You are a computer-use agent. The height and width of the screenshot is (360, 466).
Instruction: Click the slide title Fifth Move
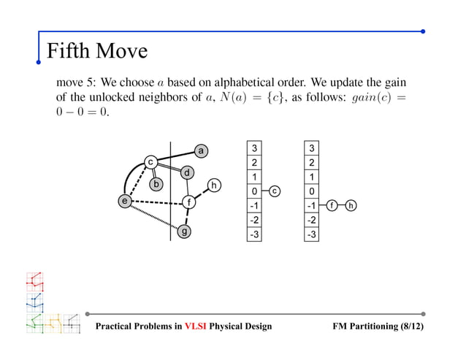click(x=96, y=50)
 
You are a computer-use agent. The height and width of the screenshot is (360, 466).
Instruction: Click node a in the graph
click(x=201, y=150)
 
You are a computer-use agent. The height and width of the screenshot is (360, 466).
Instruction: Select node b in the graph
click(x=156, y=185)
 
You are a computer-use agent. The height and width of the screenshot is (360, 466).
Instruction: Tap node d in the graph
click(x=187, y=173)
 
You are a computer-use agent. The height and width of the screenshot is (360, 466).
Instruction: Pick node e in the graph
click(x=126, y=199)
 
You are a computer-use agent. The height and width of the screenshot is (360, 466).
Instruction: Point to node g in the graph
click(x=185, y=231)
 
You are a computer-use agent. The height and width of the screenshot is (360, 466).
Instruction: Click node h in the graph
click(x=214, y=185)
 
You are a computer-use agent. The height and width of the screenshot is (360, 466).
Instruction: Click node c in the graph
click(x=150, y=161)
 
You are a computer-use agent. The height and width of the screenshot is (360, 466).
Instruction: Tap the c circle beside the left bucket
click(x=275, y=191)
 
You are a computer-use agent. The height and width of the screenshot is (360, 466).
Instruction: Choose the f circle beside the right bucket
click(x=332, y=205)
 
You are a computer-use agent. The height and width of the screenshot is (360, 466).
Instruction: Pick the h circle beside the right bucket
click(x=352, y=205)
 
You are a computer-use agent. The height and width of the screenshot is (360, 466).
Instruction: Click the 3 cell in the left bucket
click(x=253, y=148)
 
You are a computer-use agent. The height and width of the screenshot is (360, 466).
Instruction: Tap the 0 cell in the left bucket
click(x=253, y=191)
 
